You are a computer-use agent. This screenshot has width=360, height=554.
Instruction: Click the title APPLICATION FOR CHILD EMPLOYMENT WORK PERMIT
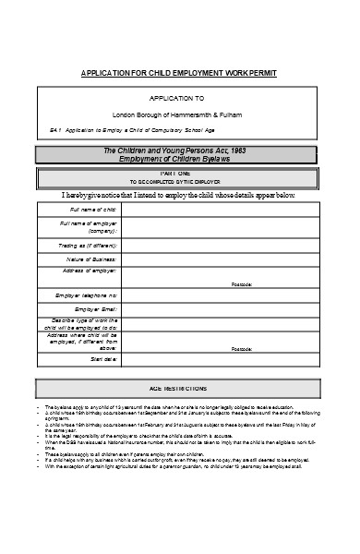tap(179, 73)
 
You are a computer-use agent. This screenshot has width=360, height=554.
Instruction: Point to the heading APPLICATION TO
tap(179, 98)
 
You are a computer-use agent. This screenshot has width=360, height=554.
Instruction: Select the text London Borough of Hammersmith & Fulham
tap(179, 113)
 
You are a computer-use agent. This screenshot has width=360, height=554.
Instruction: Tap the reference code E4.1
tap(55, 129)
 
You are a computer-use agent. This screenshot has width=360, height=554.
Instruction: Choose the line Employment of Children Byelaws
tap(179, 158)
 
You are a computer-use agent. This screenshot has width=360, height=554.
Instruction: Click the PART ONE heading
tap(179, 173)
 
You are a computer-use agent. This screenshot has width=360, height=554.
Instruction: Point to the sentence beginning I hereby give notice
tap(179, 195)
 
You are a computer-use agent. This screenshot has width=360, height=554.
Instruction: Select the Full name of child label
tap(82, 210)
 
